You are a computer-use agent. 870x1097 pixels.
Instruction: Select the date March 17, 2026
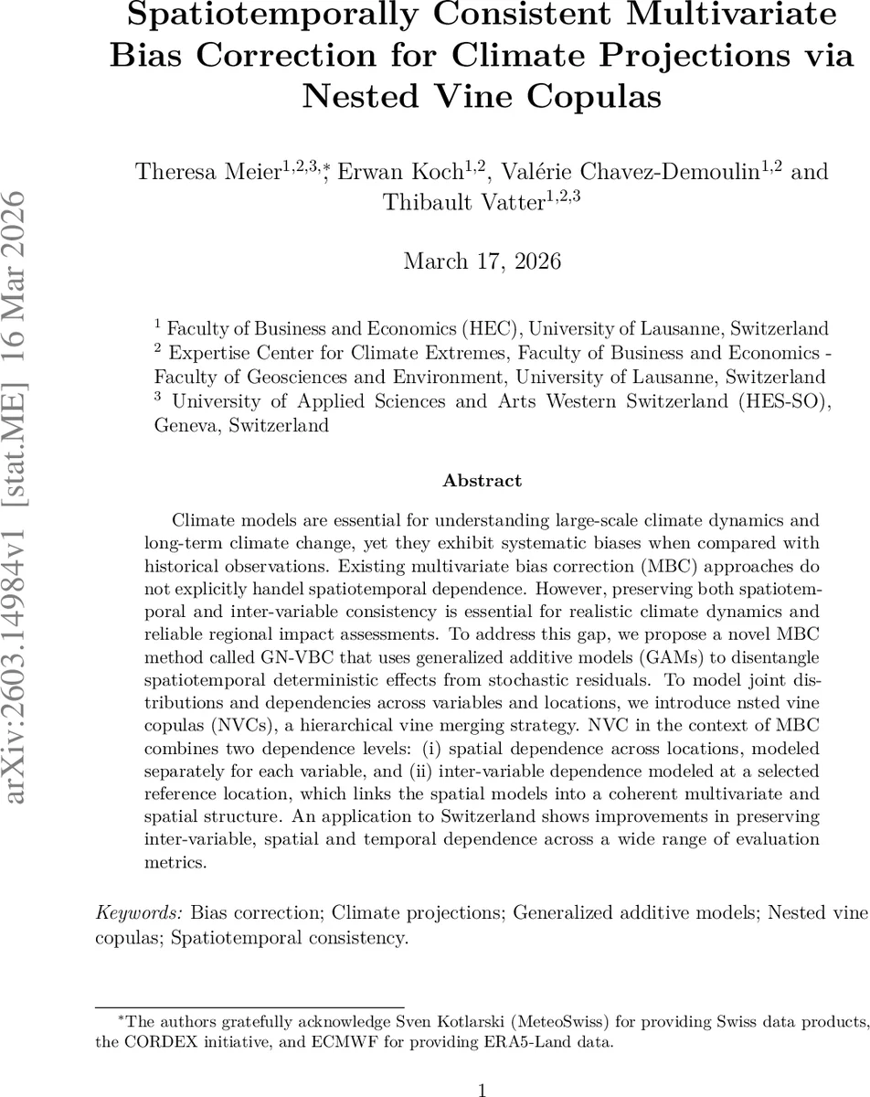(x=482, y=261)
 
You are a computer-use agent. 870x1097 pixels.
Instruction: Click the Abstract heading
(x=482, y=480)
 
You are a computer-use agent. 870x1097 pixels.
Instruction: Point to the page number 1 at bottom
(x=482, y=1089)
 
